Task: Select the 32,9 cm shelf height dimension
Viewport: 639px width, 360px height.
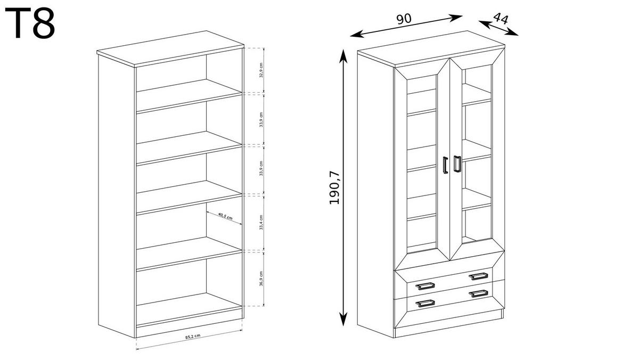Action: pyautogui.click(x=261, y=70)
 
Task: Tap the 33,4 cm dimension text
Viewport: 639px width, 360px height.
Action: pyautogui.click(x=261, y=223)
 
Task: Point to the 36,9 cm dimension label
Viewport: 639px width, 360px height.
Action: pyautogui.click(x=261, y=278)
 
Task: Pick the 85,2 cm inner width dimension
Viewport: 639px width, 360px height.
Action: pyautogui.click(x=193, y=337)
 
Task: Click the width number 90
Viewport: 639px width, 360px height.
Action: pyautogui.click(x=404, y=18)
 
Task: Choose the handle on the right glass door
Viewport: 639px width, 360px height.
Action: pyautogui.click(x=457, y=164)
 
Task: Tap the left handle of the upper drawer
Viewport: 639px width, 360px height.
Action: pyautogui.click(x=425, y=286)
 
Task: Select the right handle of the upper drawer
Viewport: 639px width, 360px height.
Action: pyautogui.click(x=478, y=275)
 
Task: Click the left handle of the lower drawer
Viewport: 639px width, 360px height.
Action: pyautogui.click(x=425, y=304)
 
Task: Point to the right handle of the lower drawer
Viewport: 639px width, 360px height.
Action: pyautogui.click(x=478, y=293)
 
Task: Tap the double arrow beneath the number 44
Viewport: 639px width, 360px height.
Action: pyautogui.click(x=498, y=28)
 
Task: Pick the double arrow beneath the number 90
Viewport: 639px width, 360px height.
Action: pyautogui.click(x=406, y=26)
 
